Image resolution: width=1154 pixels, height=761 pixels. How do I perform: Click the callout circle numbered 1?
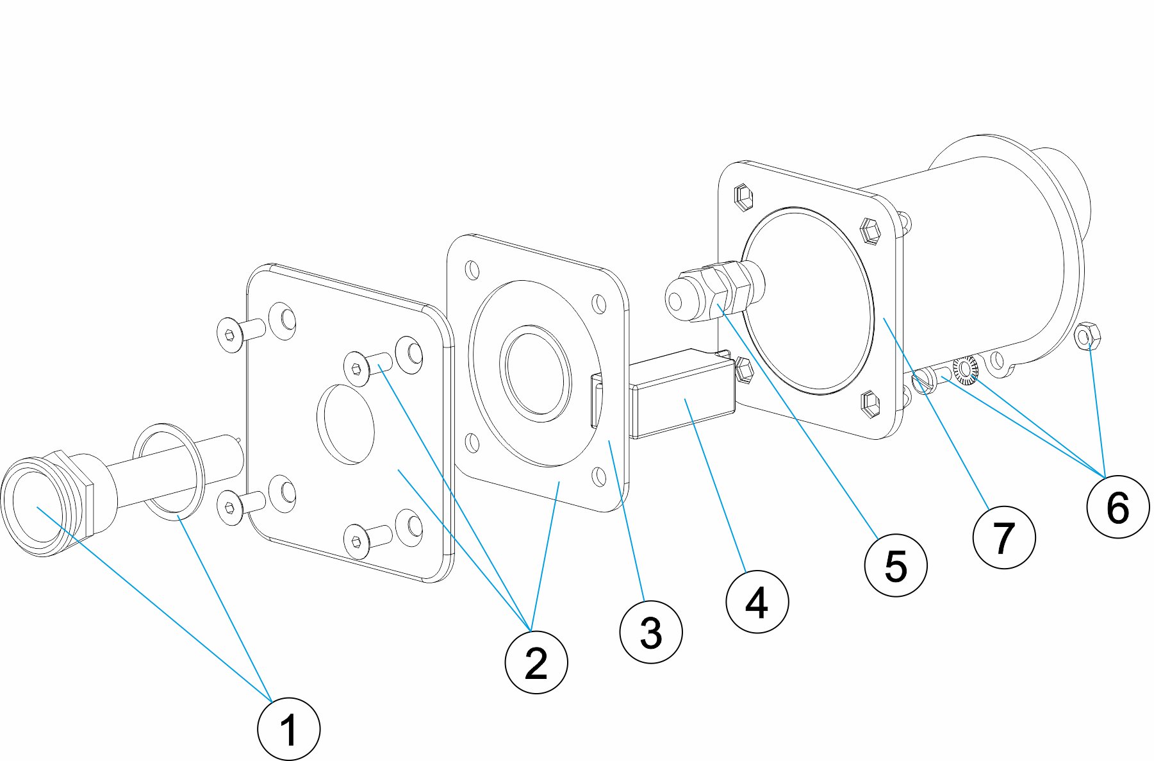coord(288,729)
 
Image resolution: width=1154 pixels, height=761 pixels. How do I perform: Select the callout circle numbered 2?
coord(536,662)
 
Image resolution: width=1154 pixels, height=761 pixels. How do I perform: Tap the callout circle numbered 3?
coord(651,632)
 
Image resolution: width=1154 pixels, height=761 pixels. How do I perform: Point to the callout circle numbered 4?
coord(757,602)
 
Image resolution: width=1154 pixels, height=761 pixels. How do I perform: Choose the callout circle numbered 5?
coord(895,565)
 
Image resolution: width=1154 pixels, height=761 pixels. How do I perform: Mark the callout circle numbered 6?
coord(1117,507)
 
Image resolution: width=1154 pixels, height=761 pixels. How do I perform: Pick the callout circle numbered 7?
coord(1003,537)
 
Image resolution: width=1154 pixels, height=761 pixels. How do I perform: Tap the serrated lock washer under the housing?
coord(964,369)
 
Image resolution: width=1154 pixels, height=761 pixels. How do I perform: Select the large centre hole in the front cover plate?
coord(346,424)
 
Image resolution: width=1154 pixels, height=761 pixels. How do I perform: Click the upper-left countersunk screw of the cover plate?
coord(231,335)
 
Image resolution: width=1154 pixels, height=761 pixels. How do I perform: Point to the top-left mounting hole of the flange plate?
coord(472,269)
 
